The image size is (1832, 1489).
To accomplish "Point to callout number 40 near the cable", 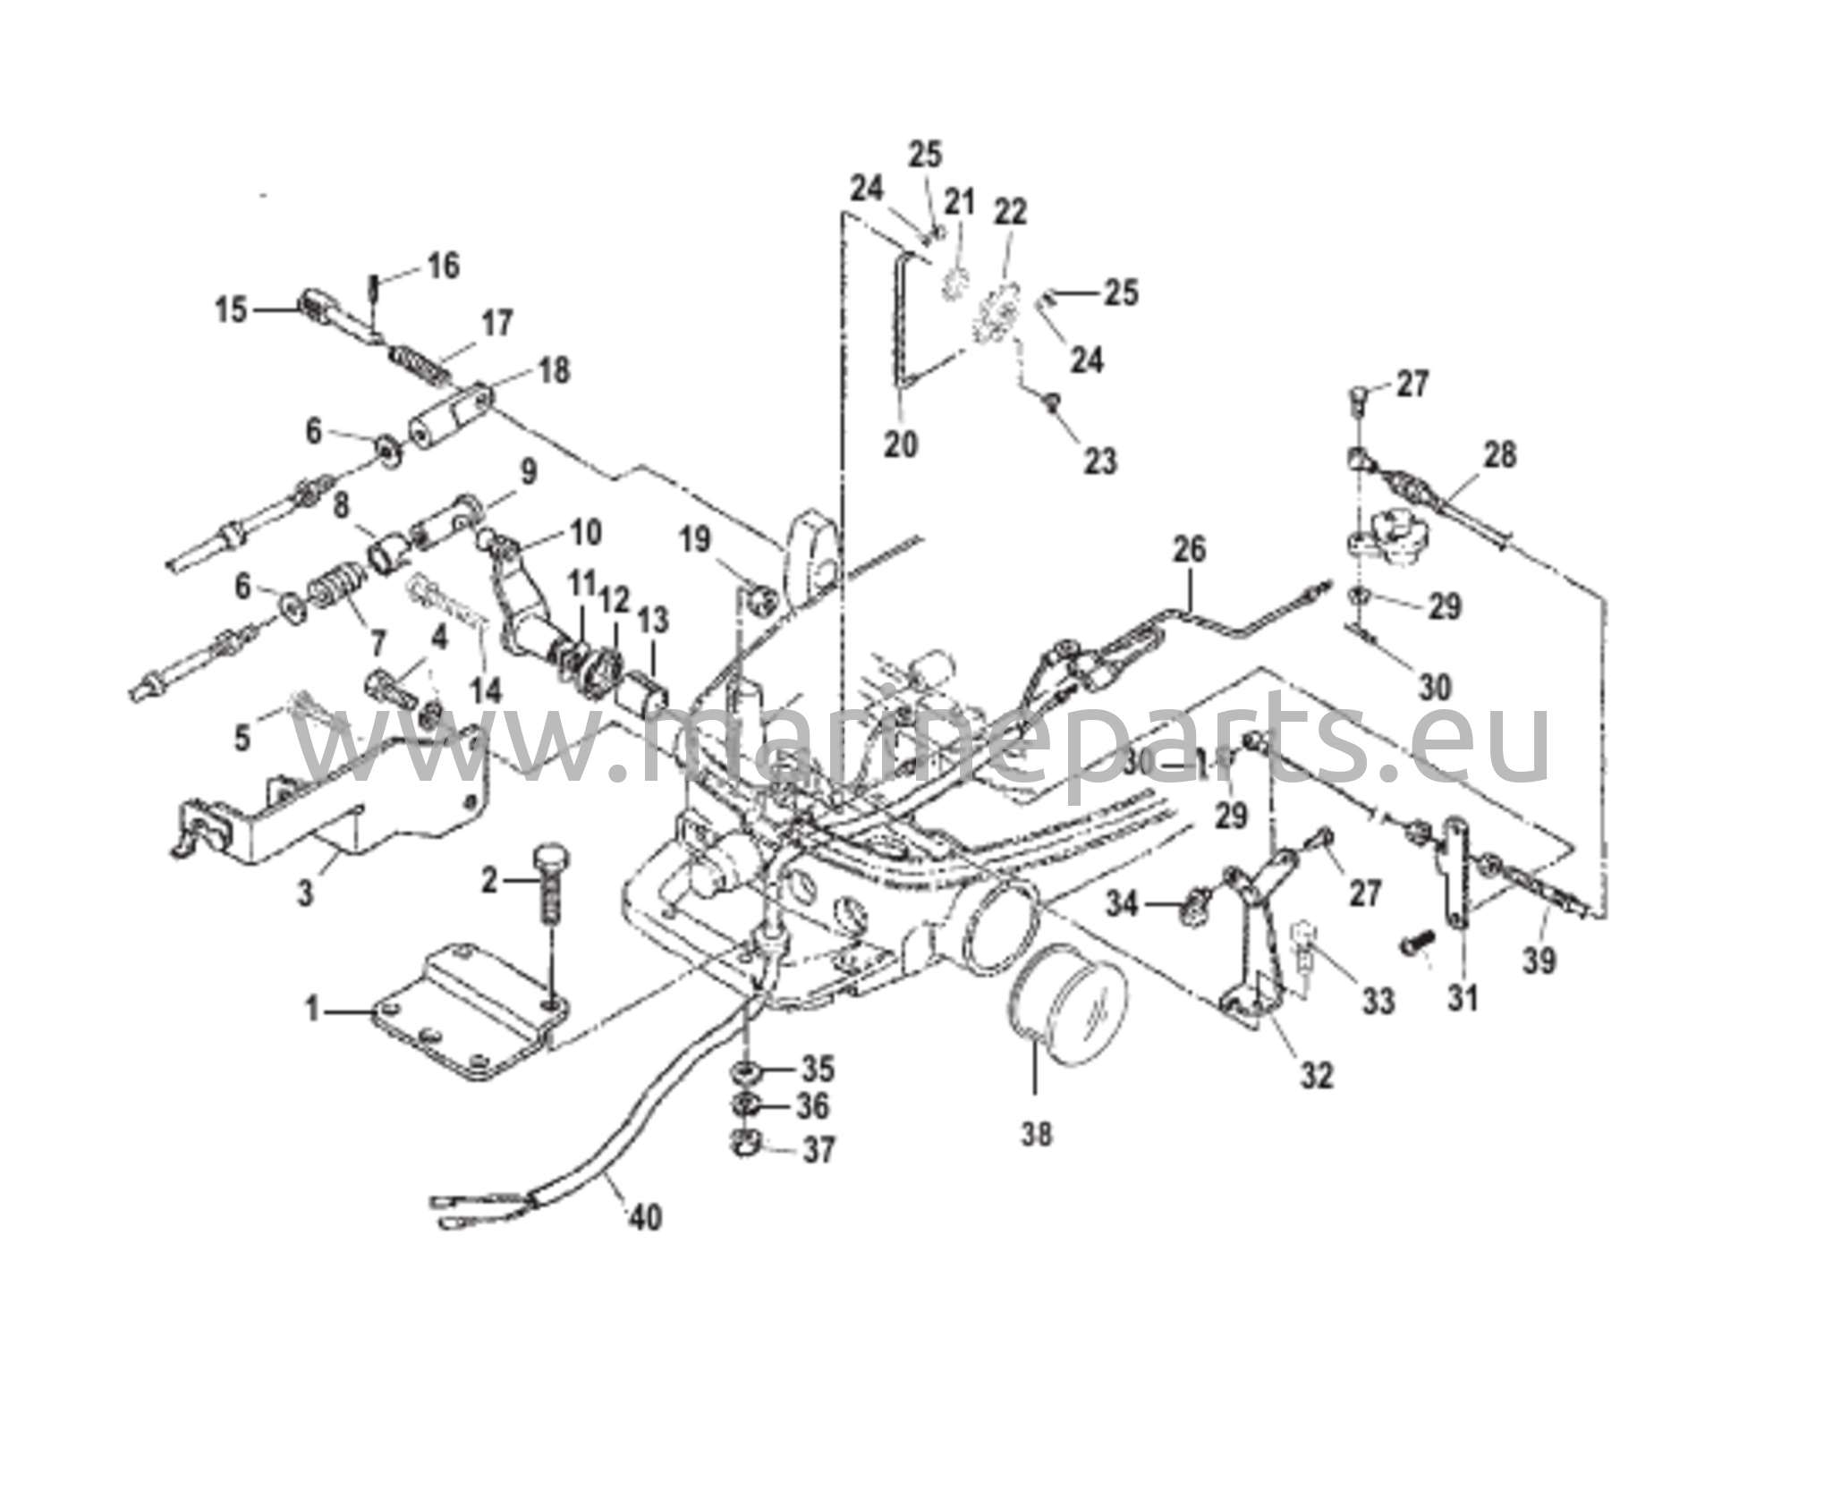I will [647, 1217].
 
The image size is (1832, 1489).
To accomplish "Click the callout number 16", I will [443, 266].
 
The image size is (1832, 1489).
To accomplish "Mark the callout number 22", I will [1011, 213].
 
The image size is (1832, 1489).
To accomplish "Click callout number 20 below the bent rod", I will [901, 444].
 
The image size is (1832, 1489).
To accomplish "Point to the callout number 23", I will [1100, 461].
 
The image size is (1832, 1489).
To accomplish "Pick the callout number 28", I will [1499, 455].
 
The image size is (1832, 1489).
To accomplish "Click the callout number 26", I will [1190, 550].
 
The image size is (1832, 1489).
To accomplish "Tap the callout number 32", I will [1316, 1075].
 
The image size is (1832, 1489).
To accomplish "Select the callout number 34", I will [1124, 905].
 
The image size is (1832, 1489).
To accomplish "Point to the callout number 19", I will [695, 539].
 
